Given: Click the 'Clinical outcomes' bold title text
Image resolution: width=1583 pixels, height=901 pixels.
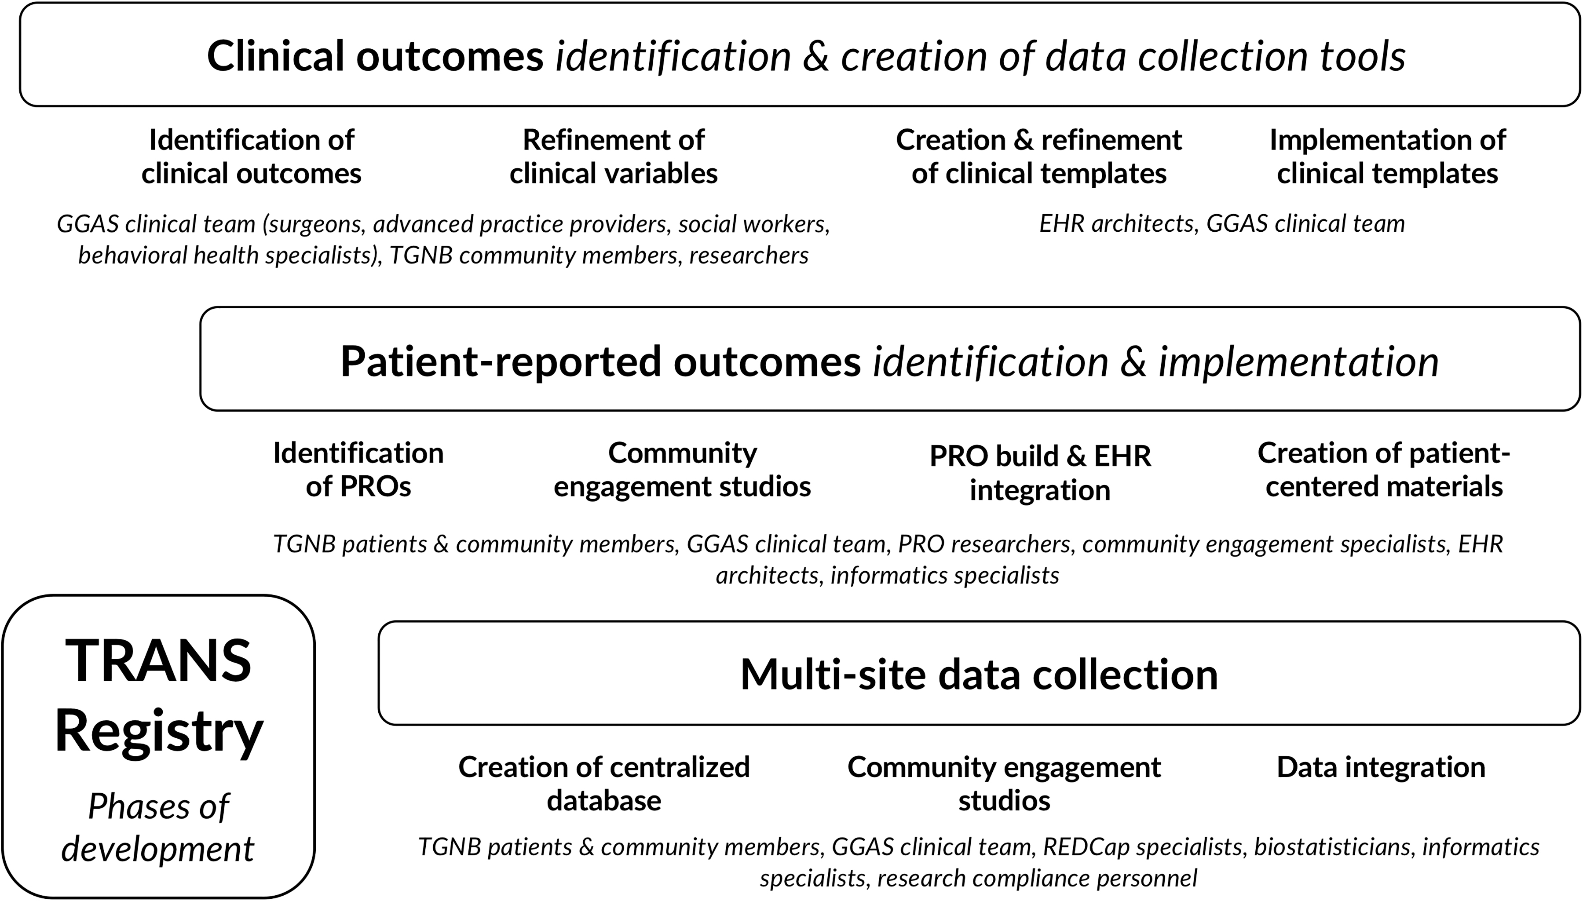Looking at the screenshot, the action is [375, 56].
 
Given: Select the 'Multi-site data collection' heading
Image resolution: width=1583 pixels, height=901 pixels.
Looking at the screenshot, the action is [979, 674].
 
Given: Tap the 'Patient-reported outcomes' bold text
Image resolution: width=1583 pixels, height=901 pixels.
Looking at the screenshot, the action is [600, 361].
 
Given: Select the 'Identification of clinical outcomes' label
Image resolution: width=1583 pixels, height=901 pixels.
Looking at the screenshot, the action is [251, 157].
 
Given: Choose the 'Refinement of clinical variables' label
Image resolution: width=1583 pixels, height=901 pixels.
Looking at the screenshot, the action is [613, 157].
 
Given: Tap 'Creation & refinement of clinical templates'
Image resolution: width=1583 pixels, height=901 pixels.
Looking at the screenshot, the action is [1039, 157].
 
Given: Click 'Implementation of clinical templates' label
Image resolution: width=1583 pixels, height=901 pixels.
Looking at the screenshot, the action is [1387, 157].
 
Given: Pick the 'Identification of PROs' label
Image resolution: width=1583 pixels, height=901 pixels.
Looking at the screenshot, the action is [358, 470].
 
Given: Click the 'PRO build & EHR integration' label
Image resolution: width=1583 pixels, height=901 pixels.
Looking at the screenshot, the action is [1040, 473].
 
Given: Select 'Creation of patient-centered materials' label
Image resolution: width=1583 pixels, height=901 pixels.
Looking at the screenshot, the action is [1384, 470].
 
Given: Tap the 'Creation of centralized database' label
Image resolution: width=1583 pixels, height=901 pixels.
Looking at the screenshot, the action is [604, 784].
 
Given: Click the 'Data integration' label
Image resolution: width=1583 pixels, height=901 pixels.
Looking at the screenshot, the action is [1381, 767].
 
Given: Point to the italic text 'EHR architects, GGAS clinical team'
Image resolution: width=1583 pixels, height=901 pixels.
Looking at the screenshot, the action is [1221, 224].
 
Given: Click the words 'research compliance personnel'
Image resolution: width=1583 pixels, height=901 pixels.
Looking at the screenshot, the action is [1037, 879].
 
